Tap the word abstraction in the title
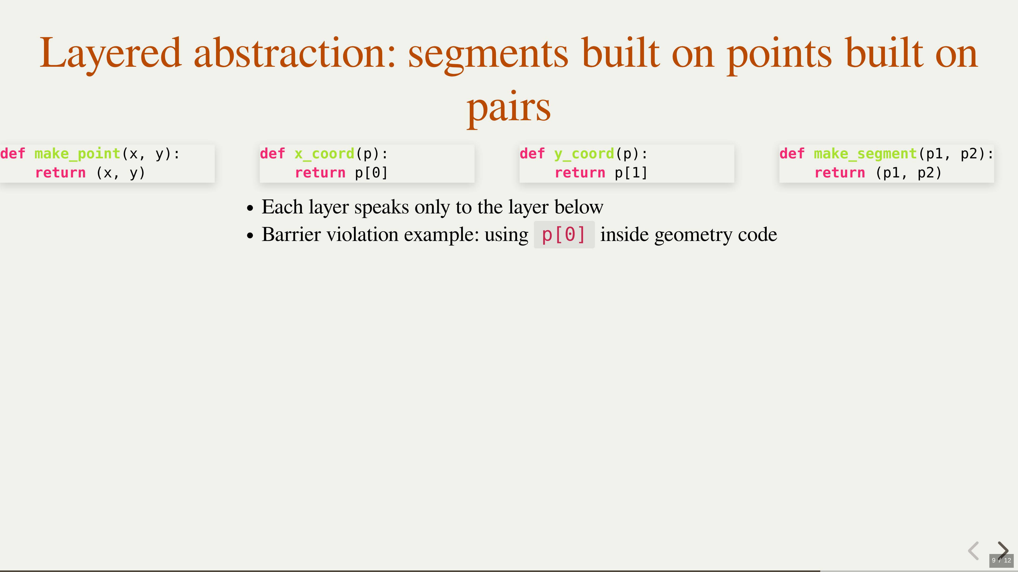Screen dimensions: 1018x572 coord(295,53)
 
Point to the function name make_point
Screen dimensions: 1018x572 coord(77,154)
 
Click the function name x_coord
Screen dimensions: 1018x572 coord(324,154)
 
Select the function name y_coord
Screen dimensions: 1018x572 coord(584,154)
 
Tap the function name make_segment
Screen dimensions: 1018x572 coord(866,154)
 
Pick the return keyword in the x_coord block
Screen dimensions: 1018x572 coord(320,172)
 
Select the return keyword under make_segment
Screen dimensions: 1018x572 coord(840,172)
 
